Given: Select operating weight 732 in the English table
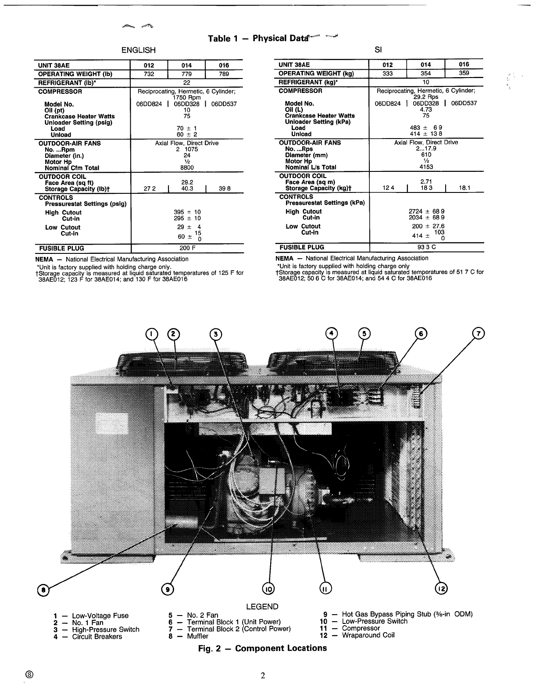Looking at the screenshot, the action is [x=149, y=74].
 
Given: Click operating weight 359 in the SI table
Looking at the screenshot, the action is [x=464, y=73].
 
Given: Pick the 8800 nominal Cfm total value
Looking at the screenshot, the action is [x=187, y=167].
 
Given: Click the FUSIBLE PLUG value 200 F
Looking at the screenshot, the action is [x=187, y=248].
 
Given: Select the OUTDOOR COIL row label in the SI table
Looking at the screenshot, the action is [x=298, y=176].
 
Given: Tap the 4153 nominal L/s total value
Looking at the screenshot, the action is [x=426, y=167].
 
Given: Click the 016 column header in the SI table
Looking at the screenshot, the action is [x=464, y=64].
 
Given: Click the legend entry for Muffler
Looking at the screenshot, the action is [x=197, y=636].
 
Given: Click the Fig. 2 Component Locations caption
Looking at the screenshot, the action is [x=262, y=648].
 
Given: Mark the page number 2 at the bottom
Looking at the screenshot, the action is [x=263, y=676].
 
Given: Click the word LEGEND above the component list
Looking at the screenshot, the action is [x=262, y=607].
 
